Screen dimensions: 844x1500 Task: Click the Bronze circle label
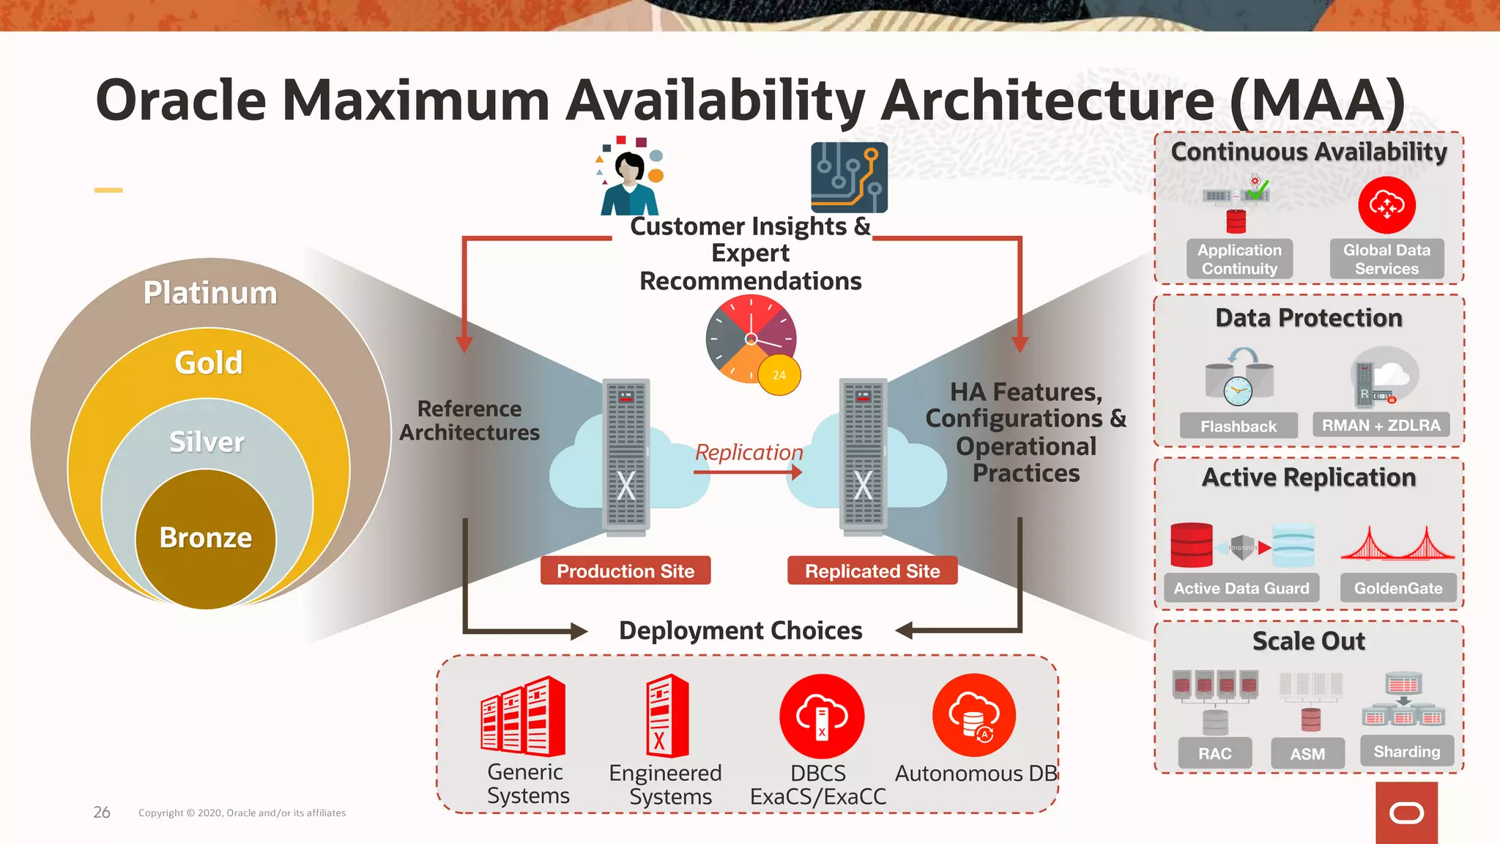(x=206, y=538)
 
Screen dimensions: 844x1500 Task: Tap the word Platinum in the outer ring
(x=210, y=293)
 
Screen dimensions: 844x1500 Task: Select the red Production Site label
(x=625, y=571)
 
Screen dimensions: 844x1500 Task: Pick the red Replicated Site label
(x=872, y=571)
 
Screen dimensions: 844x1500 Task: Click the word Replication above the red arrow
(x=749, y=453)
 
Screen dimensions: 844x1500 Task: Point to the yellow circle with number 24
(x=779, y=375)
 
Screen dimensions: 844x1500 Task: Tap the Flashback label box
(x=1238, y=426)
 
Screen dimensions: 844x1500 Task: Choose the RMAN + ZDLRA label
(x=1381, y=425)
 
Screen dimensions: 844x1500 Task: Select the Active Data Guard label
(x=1241, y=588)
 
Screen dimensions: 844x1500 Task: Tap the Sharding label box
(x=1406, y=752)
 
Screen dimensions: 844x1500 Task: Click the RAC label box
(x=1215, y=753)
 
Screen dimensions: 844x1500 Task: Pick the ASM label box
(x=1307, y=753)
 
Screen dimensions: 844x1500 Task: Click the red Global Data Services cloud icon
(x=1386, y=205)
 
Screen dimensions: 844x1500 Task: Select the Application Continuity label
(x=1239, y=259)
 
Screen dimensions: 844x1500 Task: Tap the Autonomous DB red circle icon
(x=974, y=715)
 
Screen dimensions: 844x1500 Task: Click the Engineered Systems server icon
(x=667, y=717)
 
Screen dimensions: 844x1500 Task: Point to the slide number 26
(x=102, y=812)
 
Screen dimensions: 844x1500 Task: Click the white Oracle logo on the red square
(x=1406, y=813)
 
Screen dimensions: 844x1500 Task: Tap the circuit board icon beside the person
(x=849, y=177)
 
